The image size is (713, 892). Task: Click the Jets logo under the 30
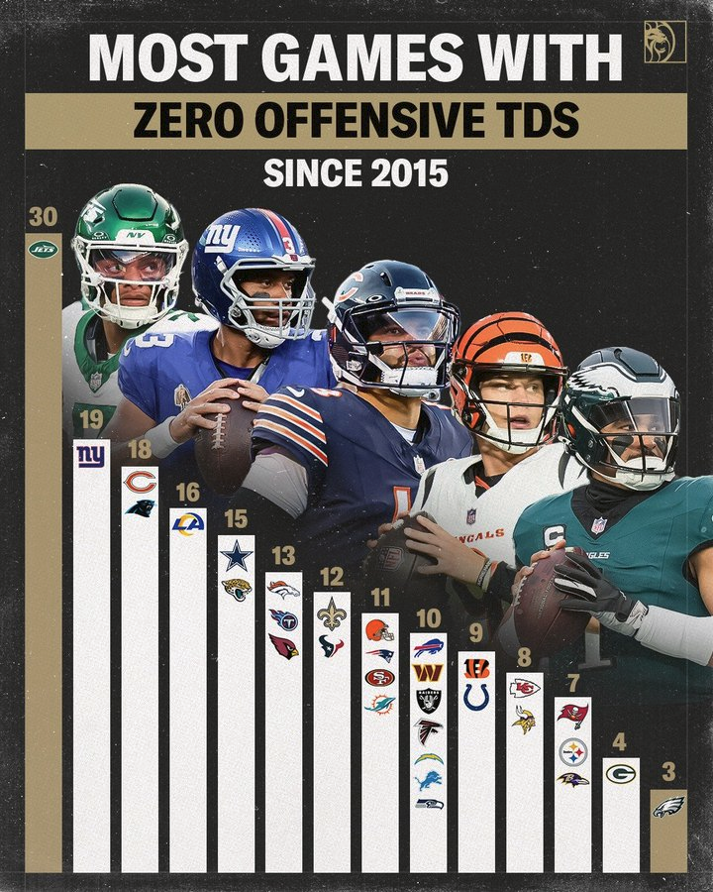click(43, 249)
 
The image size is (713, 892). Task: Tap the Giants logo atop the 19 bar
click(91, 457)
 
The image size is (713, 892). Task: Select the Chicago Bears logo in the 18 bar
click(140, 482)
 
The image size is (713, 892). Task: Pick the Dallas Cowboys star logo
click(236, 556)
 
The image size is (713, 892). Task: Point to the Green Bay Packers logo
click(621, 774)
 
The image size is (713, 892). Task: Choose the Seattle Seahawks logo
click(429, 804)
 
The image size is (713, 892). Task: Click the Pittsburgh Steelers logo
click(572, 751)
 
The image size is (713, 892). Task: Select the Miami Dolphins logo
click(379, 704)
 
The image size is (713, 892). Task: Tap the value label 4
click(620, 741)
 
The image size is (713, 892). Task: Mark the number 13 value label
click(283, 557)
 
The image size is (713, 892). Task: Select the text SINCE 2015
click(356, 173)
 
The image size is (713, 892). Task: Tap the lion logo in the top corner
click(664, 42)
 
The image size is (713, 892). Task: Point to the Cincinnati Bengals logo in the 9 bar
click(476, 668)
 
